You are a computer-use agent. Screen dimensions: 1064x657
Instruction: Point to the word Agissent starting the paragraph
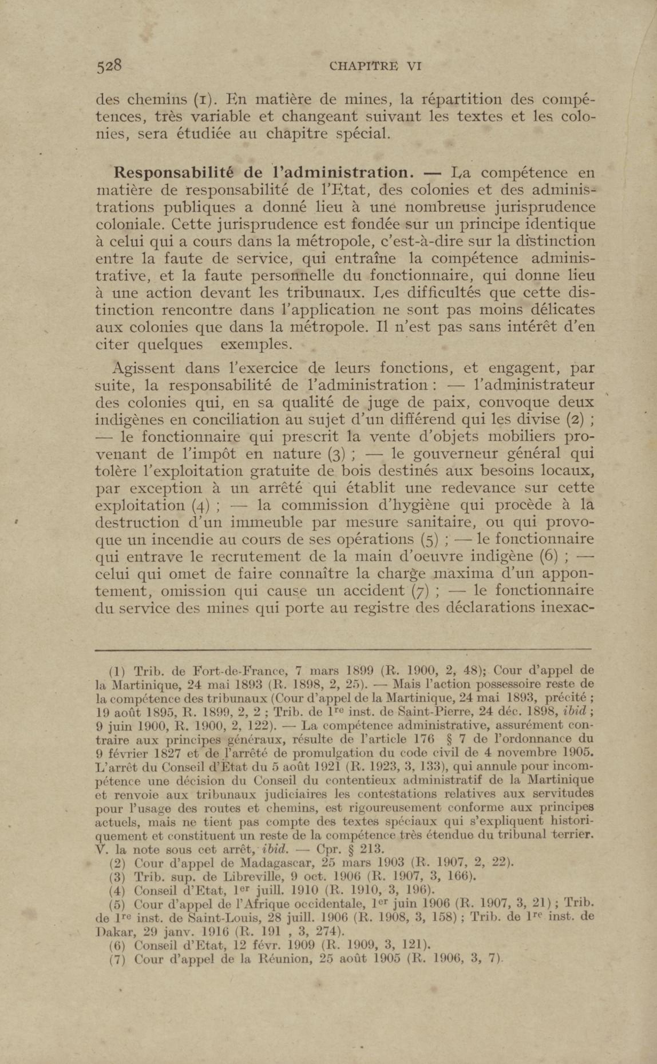coord(143,368)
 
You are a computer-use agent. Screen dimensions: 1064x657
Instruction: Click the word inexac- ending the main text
coord(565,608)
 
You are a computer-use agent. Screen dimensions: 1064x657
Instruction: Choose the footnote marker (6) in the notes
coord(117,945)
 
